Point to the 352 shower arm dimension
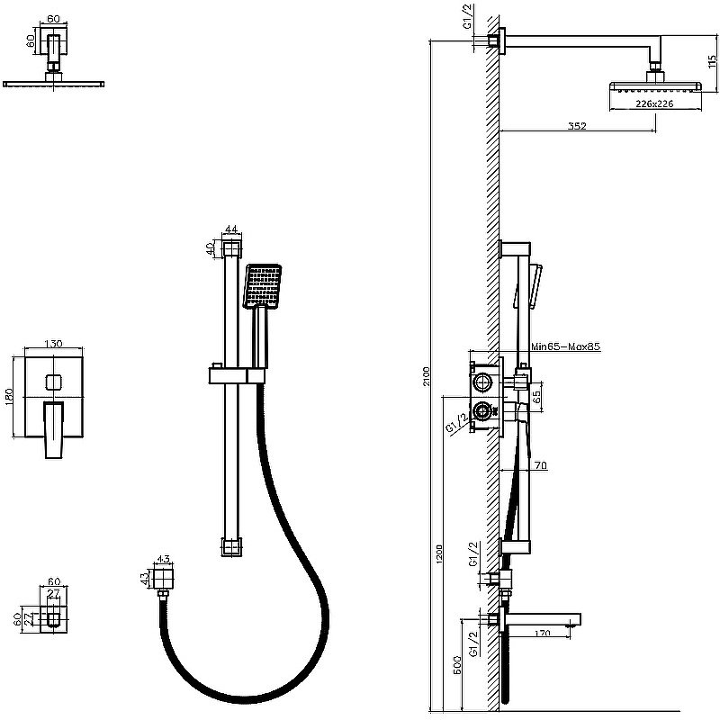point(577,126)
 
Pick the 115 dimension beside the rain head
point(711,65)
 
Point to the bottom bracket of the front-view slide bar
point(231,544)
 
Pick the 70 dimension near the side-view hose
point(540,465)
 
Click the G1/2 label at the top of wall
point(469,18)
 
